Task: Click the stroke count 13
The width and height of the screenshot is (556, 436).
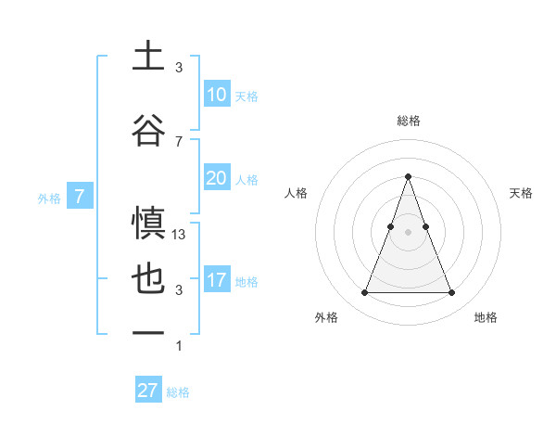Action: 179,235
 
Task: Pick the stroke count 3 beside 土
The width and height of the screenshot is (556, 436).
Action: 179,68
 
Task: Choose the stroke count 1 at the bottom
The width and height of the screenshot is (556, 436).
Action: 179,346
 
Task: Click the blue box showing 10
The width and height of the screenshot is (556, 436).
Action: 216,95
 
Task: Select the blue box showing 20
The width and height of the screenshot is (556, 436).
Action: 216,178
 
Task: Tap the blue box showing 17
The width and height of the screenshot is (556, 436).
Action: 216,280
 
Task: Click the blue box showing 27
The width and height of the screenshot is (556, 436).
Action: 148,391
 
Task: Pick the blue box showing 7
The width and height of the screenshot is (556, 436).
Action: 80,197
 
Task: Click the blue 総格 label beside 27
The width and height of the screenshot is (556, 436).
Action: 178,392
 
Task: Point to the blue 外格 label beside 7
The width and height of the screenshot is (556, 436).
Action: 48,198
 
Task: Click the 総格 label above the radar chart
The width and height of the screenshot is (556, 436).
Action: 408,121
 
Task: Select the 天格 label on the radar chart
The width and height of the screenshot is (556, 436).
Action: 521,193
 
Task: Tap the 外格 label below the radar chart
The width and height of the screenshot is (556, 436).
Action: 326,317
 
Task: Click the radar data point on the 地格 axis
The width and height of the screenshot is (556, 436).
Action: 451,293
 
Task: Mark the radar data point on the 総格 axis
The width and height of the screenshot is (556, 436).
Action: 408,176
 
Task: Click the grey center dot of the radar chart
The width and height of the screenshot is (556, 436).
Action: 408,231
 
